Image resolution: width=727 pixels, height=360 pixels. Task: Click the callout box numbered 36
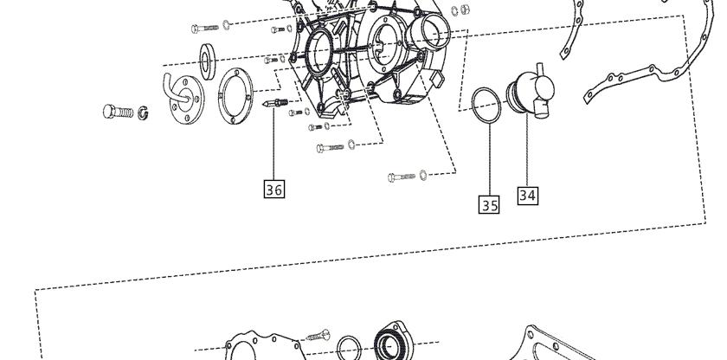tap(273, 189)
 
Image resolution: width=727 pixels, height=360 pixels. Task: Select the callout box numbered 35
tap(489, 204)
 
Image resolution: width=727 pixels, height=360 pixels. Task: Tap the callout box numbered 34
tap(528, 195)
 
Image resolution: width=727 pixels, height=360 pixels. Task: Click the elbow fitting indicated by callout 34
tap(531, 91)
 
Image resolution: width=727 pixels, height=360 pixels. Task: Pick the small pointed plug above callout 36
tap(275, 103)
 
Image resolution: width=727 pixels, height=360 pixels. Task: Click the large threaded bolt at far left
tap(118, 112)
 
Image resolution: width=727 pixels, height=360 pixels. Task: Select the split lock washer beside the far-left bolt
tap(143, 112)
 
